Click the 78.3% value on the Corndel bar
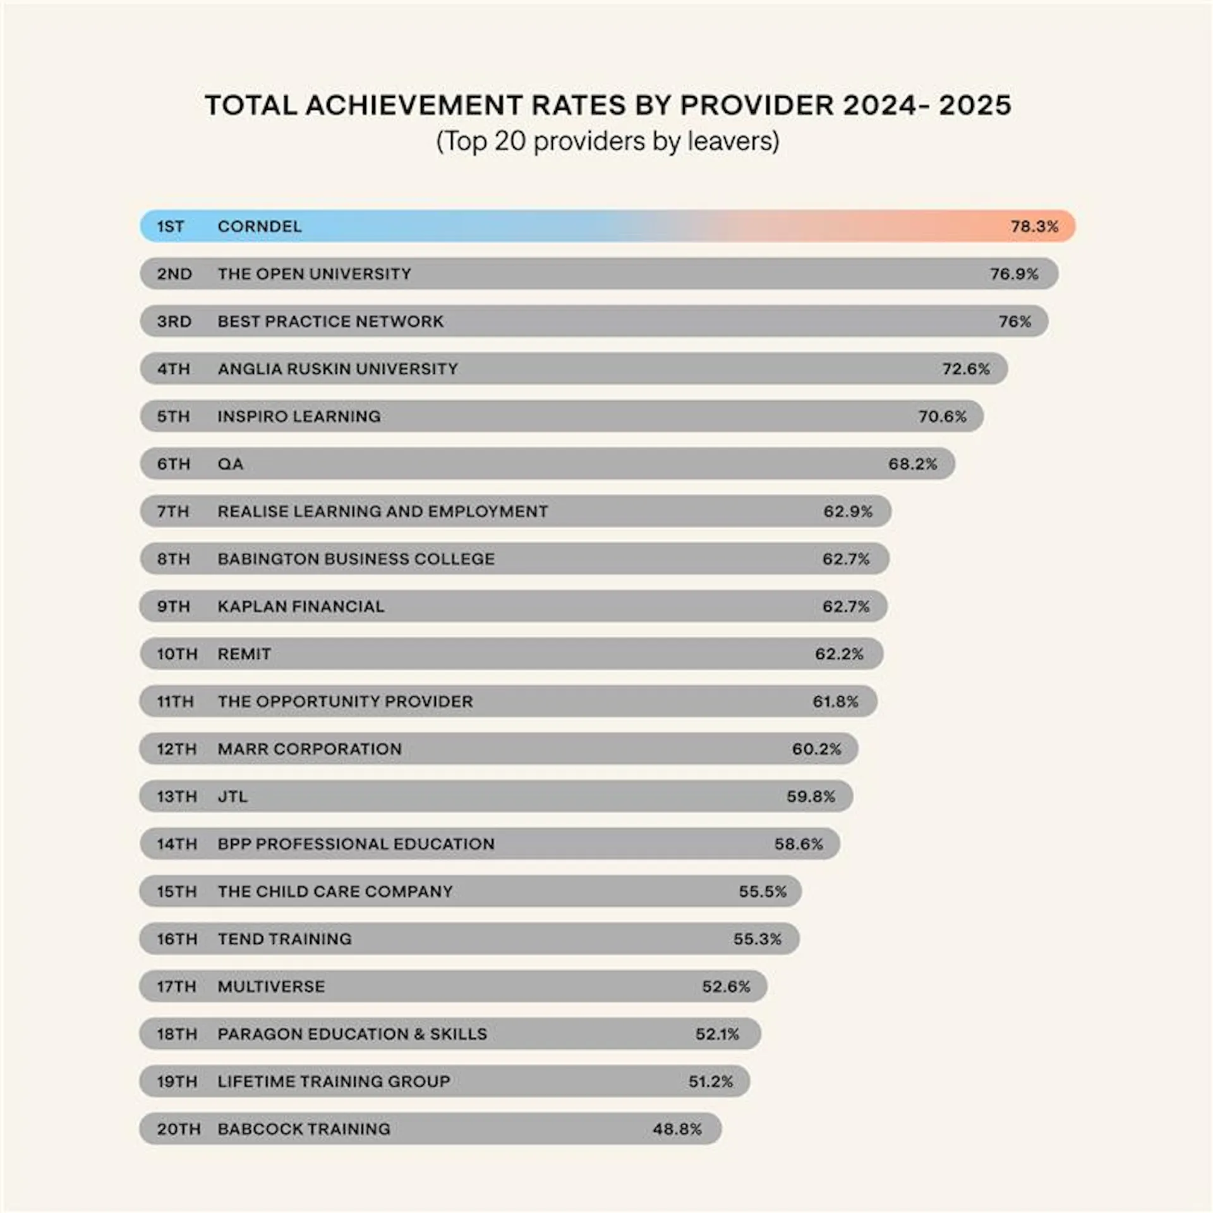(x=1034, y=226)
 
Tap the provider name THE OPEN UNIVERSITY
(x=314, y=274)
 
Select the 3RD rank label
(x=174, y=321)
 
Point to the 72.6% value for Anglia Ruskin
(x=966, y=368)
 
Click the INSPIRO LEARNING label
(x=299, y=416)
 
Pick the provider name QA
(x=230, y=464)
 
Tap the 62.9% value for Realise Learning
(x=847, y=511)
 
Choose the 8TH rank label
(x=174, y=558)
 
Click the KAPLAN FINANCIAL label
(x=301, y=606)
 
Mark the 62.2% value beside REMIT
(x=839, y=654)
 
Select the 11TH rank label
(x=175, y=701)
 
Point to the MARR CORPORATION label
(x=310, y=749)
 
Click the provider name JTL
(x=232, y=796)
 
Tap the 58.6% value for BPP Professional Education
(x=799, y=844)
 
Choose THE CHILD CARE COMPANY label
(x=335, y=891)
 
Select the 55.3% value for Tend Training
(x=757, y=939)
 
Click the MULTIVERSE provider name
(x=271, y=986)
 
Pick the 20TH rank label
(x=178, y=1129)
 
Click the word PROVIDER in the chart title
(x=757, y=105)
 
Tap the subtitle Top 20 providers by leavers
(x=607, y=141)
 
